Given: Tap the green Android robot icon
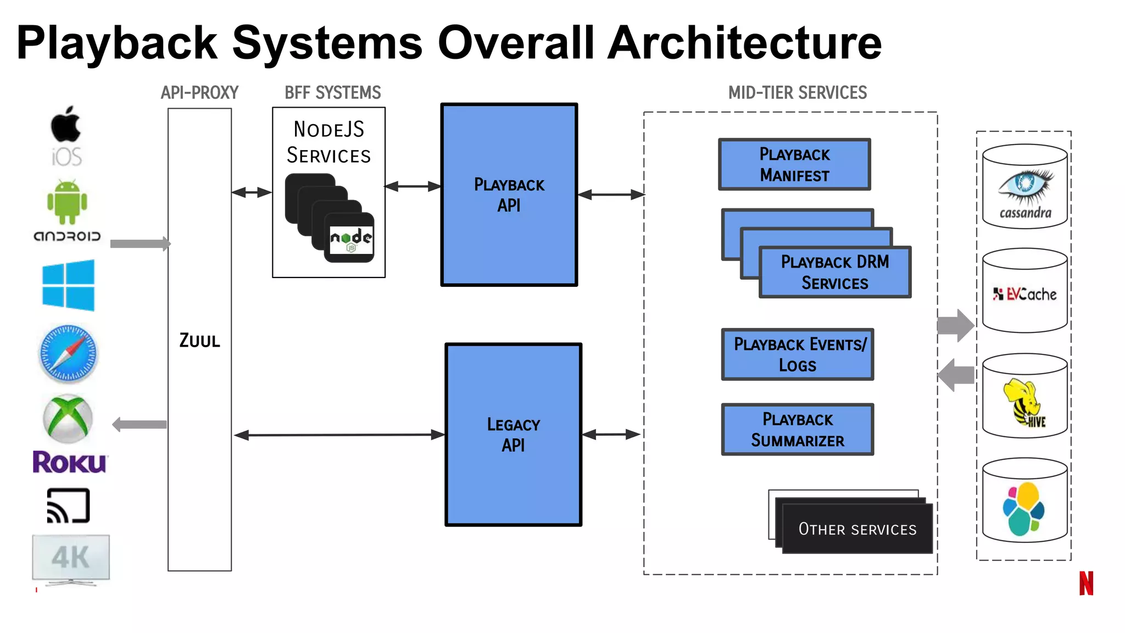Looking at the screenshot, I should tap(67, 202).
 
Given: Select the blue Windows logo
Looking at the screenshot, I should tap(68, 286).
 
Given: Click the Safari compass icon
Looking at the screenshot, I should tap(68, 354).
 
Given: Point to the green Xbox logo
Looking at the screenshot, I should tap(68, 419).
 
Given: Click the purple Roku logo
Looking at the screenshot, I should tap(70, 462).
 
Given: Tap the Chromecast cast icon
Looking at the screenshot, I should tap(68, 506).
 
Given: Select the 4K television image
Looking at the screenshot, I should tap(71, 558).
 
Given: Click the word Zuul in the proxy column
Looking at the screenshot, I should tap(199, 341).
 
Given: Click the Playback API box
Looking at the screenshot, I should tap(509, 195).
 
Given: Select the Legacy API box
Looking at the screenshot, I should tap(513, 434).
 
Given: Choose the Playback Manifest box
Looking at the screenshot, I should tap(794, 164).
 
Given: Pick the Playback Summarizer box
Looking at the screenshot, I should tap(797, 430).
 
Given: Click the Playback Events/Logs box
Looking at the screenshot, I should tap(797, 354).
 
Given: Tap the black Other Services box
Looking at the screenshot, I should tap(857, 529).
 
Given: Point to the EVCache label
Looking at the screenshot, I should tap(1025, 295).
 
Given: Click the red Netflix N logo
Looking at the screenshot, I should tap(1086, 583).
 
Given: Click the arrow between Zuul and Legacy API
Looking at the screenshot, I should tap(339, 435).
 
